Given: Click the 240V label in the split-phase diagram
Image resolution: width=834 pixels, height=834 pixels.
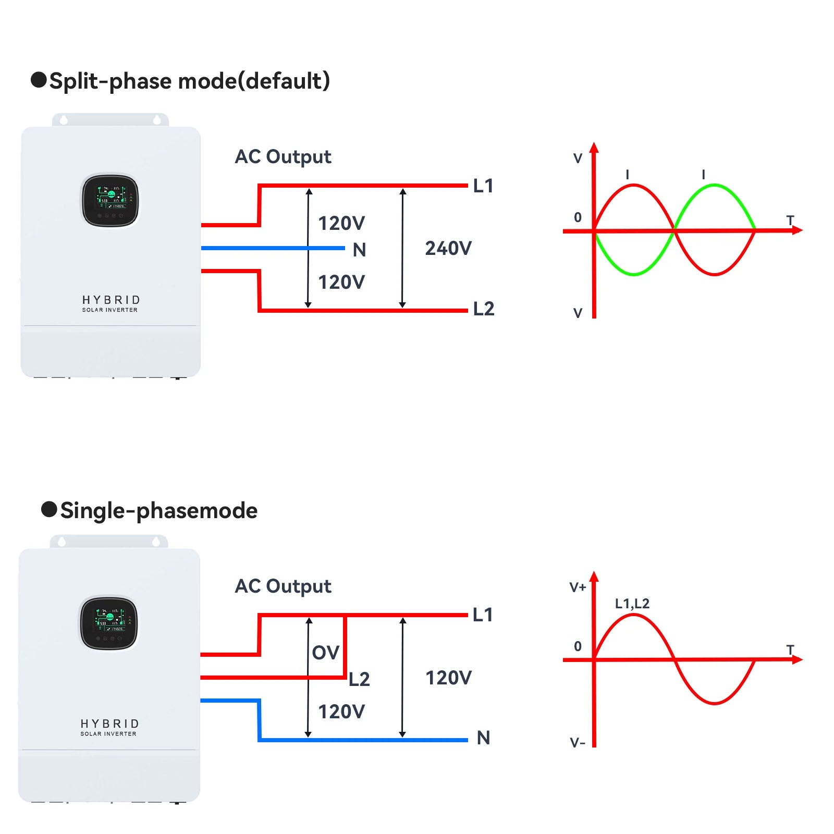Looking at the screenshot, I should click(448, 249).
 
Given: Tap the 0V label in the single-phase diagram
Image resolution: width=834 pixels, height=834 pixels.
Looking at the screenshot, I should click(325, 653).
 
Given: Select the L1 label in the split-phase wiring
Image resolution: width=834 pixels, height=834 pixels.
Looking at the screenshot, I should click(483, 186).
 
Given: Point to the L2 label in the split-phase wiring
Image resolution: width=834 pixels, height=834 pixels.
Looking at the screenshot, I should click(483, 309).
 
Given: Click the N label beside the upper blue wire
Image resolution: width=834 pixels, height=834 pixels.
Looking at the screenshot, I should click(359, 250).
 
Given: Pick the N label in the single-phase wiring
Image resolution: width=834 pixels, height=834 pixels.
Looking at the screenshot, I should click(483, 738).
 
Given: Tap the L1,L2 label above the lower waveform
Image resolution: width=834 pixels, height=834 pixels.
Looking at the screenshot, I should click(632, 604).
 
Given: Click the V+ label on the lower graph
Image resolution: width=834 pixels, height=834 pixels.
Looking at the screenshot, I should click(578, 587).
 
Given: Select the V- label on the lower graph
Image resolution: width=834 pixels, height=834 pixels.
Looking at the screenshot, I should click(578, 743).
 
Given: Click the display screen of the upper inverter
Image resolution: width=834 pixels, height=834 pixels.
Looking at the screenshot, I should click(110, 200).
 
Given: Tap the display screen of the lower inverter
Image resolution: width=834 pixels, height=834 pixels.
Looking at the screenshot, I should click(109, 622).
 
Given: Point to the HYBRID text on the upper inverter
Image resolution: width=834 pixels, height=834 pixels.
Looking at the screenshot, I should click(111, 300).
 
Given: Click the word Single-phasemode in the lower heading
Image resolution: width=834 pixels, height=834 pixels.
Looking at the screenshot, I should click(158, 511).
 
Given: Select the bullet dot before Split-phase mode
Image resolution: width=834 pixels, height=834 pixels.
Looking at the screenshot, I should click(39, 80).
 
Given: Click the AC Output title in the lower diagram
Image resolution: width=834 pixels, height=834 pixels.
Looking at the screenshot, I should click(283, 586).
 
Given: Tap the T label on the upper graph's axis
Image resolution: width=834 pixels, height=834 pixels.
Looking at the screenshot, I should click(790, 220).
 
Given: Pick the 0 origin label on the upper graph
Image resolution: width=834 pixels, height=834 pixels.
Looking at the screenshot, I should click(578, 217).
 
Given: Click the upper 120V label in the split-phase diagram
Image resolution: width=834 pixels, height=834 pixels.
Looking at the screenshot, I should click(341, 224).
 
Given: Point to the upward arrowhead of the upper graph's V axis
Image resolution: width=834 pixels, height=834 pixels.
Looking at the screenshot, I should click(594, 147).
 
